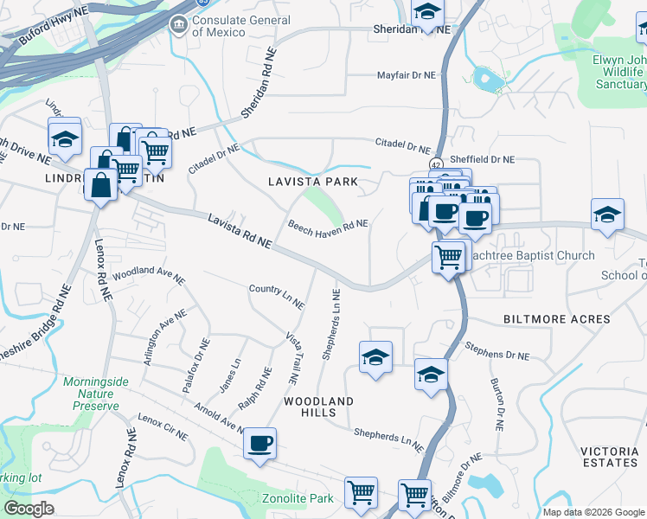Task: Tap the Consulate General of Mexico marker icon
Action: pos(180,23)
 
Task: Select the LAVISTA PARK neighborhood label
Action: pos(300,182)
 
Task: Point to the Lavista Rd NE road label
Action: pos(240,233)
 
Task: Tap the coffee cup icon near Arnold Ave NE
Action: pos(259,445)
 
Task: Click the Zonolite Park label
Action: pos(298,498)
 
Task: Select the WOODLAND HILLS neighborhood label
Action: pos(320,407)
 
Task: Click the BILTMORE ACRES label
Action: pos(557,319)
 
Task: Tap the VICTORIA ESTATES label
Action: pos(609,457)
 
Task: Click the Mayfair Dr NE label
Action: pos(407,75)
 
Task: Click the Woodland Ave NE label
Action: pos(149,274)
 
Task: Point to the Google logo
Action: pos(29,509)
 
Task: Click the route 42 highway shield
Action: pos(434,164)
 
